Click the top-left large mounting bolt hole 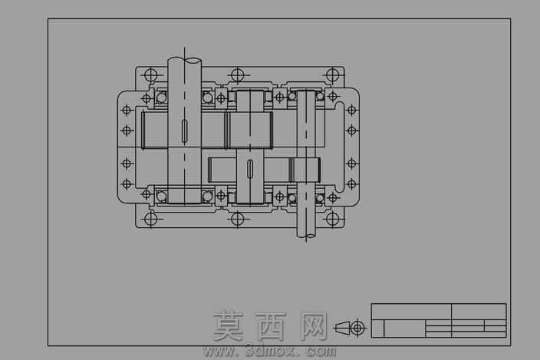[150, 75]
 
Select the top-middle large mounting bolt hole [237, 75]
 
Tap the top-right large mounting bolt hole [332, 75]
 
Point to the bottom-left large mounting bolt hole [150, 219]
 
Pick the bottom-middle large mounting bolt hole [237, 219]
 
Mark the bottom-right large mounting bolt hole [332, 219]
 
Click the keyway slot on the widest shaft [185, 131]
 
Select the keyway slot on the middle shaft [250, 170]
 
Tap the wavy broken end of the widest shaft [185, 61]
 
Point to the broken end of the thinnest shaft [306, 236]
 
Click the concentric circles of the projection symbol [357, 327]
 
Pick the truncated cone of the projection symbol [342, 327]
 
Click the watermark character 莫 [228, 325]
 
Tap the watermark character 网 [314, 326]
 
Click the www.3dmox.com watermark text [270, 351]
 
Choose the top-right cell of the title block [479, 312]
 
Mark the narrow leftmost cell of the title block [378, 329]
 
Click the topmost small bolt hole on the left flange [127, 111]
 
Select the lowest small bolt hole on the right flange [351, 183]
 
